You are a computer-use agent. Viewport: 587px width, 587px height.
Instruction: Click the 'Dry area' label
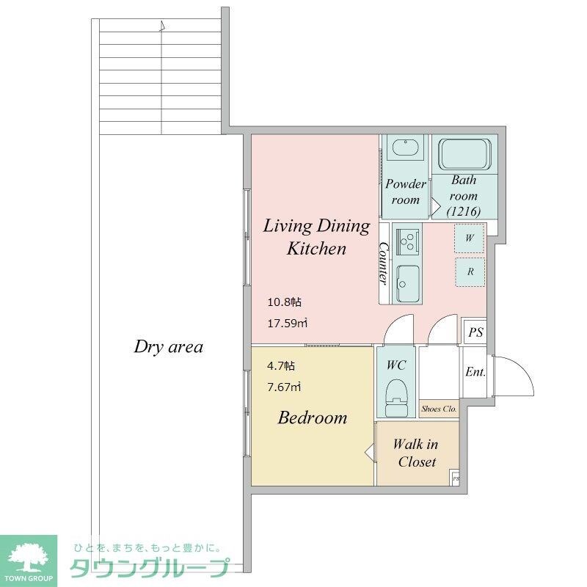(x=168, y=347)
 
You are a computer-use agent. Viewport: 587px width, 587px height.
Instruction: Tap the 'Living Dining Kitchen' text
(x=316, y=237)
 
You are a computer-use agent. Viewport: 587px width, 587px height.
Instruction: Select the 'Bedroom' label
(x=312, y=418)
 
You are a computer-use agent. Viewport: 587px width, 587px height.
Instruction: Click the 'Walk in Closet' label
(x=416, y=453)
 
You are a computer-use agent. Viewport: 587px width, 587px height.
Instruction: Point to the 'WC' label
(x=396, y=365)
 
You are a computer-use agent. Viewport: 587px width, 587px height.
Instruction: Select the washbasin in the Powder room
(x=404, y=148)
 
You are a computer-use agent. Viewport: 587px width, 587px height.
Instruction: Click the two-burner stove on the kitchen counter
(x=406, y=239)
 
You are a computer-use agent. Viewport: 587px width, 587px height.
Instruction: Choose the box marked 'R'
(x=470, y=271)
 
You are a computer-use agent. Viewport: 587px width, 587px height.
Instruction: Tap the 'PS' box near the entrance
(x=475, y=332)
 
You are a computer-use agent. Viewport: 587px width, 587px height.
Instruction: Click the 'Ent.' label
(x=475, y=372)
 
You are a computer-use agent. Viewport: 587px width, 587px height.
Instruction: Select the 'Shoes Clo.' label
(x=439, y=409)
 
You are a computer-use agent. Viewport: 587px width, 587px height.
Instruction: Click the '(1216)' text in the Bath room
(x=464, y=212)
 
